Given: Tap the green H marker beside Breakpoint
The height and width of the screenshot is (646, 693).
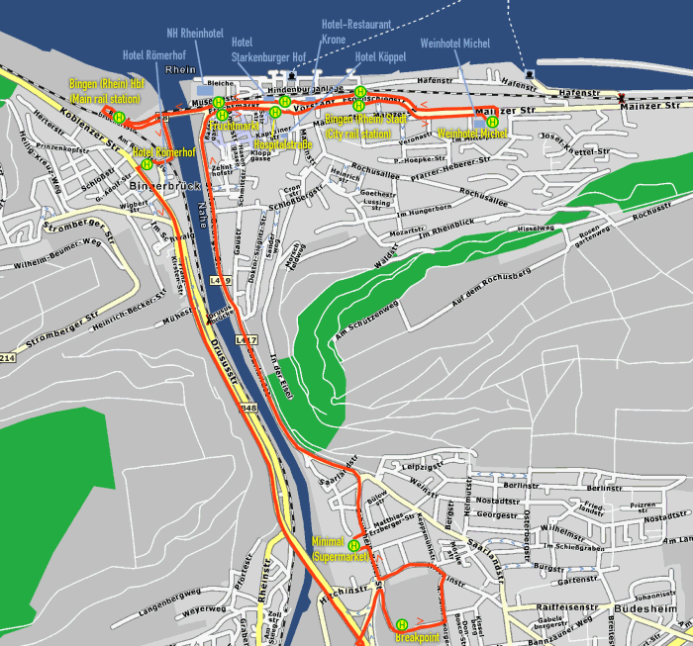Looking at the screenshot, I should (x=402, y=624).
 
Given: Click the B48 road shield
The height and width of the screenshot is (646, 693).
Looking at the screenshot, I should (x=247, y=408).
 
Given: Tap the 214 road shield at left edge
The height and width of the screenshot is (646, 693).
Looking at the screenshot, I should (x=8, y=357).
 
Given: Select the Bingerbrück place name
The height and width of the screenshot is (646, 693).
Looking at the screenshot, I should (x=158, y=185).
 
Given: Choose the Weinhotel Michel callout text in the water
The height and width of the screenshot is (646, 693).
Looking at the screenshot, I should (x=455, y=44).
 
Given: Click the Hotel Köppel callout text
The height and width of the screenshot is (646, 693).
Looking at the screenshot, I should (x=379, y=56).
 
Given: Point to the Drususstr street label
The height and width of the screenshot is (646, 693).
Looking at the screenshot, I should (x=225, y=357).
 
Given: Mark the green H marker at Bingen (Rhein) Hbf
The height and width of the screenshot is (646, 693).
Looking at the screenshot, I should (x=119, y=117).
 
